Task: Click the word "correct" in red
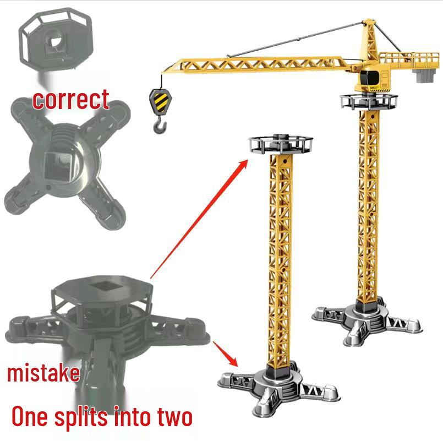point(71,99)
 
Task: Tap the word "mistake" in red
point(43,373)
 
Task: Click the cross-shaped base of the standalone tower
point(277,385)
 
